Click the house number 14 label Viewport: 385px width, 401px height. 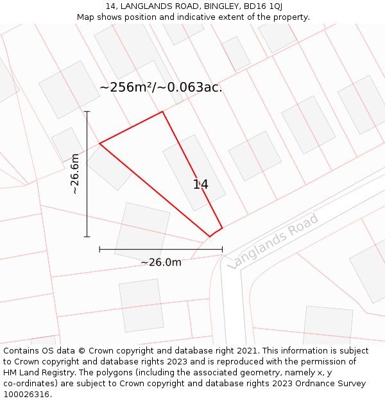click(200, 185)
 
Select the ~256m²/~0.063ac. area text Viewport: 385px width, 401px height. click(161, 88)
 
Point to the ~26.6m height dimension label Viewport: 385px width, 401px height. click(75, 173)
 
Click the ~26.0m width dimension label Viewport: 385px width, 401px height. click(161, 262)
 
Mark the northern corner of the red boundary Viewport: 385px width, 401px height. click(162, 112)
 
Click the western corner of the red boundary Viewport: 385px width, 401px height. click(99, 143)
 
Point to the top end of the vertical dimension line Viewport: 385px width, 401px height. click(87, 112)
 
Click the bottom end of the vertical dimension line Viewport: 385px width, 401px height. click(87, 237)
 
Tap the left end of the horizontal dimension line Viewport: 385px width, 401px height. click(99, 249)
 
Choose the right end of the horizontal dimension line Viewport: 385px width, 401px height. click(222, 249)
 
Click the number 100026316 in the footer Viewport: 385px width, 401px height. click(26, 395)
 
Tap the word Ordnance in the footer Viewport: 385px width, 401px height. click(324, 384)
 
